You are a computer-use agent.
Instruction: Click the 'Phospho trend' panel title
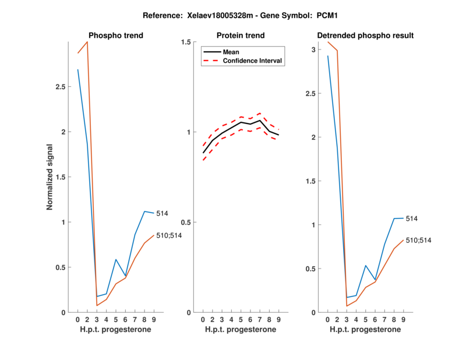click(115, 36)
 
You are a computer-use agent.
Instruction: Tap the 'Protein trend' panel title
click(241, 36)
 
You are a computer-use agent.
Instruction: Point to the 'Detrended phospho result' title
click(365, 36)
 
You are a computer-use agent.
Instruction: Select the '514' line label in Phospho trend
click(162, 214)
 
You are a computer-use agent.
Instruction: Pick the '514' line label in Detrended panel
click(412, 218)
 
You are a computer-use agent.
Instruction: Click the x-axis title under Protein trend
click(241, 330)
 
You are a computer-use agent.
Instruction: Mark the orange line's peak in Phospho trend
click(87, 42)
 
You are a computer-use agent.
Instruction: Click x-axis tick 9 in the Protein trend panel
click(279, 319)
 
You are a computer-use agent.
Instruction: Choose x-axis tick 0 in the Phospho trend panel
click(77, 319)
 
